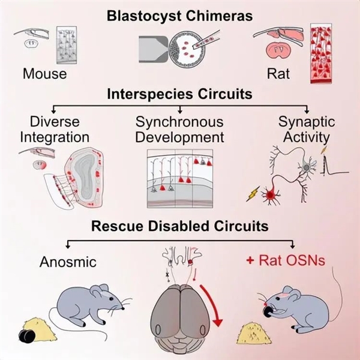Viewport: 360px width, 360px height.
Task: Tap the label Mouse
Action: pos(44,74)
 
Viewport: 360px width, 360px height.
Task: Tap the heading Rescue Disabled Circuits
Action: pos(180,227)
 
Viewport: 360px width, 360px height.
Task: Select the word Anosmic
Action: pos(67,262)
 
